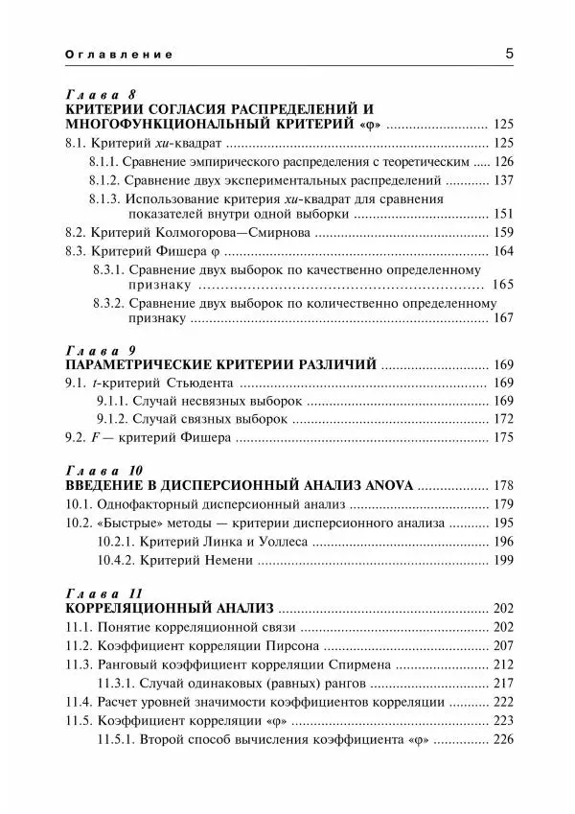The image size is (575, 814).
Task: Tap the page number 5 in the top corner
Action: pyautogui.click(x=509, y=54)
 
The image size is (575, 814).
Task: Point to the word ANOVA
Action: pyautogui.click(x=387, y=486)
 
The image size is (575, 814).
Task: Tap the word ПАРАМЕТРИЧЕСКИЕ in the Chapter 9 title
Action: pyautogui.click(x=133, y=363)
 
